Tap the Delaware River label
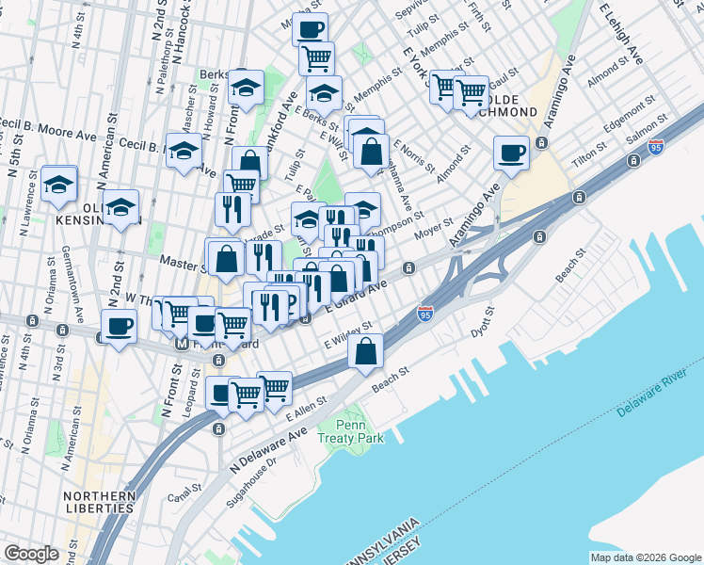click(656, 398)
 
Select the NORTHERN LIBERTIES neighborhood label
click(99, 502)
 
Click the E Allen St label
click(306, 405)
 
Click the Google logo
click(31, 554)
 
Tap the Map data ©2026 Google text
click(645, 557)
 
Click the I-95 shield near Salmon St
click(656, 147)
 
